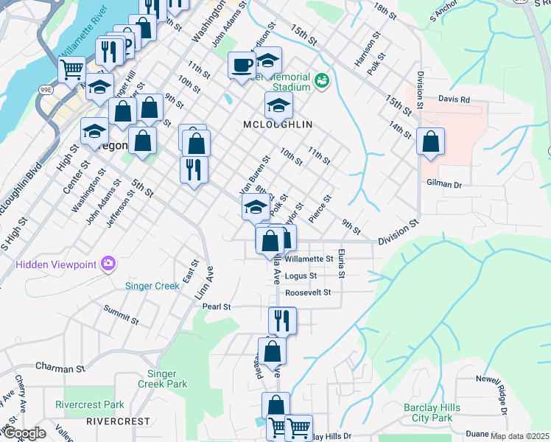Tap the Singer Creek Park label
pyautogui.click(x=162, y=379)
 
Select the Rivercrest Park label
pyautogui.click(x=90, y=404)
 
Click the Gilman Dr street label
pyautogui.click(x=443, y=183)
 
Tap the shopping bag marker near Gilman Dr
pyautogui.click(x=430, y=141)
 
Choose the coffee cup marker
pyautogui.click(x=241, y=66)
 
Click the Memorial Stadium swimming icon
pyautogui.click(x=322, y=80)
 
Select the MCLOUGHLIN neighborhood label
pyautogui.click(x=278, y=124)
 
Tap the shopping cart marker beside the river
pyautogui.click(x=71, y=70)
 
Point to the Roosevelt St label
pyautogui.click(x=308, y=292)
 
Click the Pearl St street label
pyautogui.click(x=217, y=306)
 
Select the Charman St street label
pyautogui.click(x=60, y=368)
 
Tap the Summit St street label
pyautogui.click(x=122, y=315)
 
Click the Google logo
pyautogui.click(x=24, y=433)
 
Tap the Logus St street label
pyautogui.click(x=301, y=276)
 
